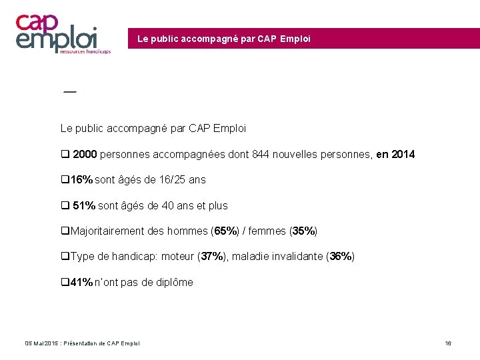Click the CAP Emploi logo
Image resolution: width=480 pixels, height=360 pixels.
point(63,33)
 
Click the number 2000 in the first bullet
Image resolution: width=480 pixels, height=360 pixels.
point(85,155)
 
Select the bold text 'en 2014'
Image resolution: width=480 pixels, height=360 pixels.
point(395,155)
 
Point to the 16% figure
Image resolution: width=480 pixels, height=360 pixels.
point(81,180)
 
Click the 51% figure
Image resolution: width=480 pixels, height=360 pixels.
point(84,206)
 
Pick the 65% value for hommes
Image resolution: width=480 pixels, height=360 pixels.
point(225,231)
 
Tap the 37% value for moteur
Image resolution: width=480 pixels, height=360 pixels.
point(213,257)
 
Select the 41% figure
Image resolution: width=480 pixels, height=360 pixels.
point(81,283)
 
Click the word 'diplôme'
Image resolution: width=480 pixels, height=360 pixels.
point(172,283)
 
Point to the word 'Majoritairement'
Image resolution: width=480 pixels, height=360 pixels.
point(105,231)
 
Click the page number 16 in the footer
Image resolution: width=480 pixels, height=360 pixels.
point(448,343)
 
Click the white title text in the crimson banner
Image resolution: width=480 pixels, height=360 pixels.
point(223,39)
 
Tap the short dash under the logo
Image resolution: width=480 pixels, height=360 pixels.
point(69,91)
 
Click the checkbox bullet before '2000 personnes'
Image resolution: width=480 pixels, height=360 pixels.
point(65,155)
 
